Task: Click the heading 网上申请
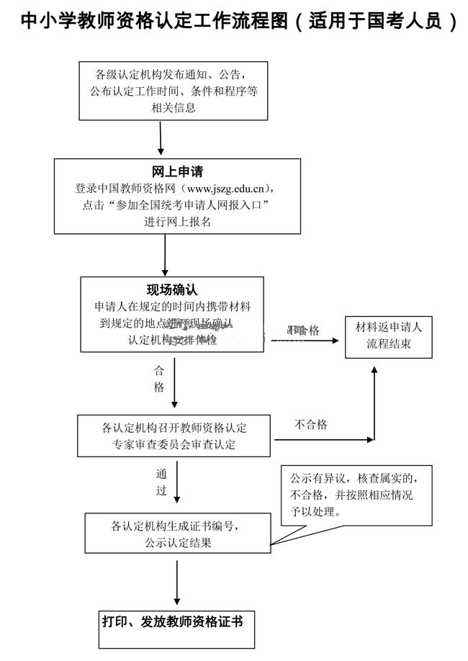177,172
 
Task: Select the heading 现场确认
172,290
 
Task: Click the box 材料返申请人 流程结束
389,336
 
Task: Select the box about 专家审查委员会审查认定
174,436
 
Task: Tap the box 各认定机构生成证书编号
178,533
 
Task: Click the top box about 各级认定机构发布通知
174,91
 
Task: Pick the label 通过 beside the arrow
161,482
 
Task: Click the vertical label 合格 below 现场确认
159,379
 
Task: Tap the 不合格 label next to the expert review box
311,424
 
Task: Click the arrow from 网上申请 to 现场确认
166,254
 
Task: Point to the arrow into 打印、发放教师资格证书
177,581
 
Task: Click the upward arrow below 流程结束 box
374,400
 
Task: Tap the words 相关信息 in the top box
174,108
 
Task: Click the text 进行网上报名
177,222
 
